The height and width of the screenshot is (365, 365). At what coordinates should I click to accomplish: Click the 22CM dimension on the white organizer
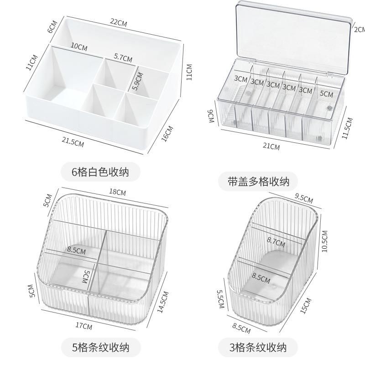pyautogui.click(x=119, y=22)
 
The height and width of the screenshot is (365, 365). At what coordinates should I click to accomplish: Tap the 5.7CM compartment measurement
pyautogui.click(x=123, y=58)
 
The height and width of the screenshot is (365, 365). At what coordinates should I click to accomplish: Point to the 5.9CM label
pyautogui.click(x=137, y=81)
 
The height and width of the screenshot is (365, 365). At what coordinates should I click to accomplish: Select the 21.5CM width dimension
pyautogui.click(x=73, y=142)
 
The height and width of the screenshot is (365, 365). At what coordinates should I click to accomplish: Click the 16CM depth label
pyautogui.click(x=167, y=133)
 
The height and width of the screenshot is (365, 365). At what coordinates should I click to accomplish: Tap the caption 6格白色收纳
pyautogui.click(x=100, y=172)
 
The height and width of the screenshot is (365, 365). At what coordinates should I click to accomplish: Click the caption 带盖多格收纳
pyautogui.click(x=258, y=182)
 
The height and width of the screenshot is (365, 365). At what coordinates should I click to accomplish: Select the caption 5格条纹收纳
pyautogui.click(x=100, y=348)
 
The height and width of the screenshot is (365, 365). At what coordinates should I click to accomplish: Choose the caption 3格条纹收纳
pyautogui.click(x=258, y=348)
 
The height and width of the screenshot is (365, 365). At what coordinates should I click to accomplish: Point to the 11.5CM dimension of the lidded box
pyautogui.click(x=347, y=128)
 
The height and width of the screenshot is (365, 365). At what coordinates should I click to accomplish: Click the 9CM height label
pyautogui.click(x=210, y=116)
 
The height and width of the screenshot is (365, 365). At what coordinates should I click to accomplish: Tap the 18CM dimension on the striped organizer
pyautogui.click(x=118, y=192)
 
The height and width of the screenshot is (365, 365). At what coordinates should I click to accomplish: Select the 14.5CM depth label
pyautogui.click(x=162, y=302)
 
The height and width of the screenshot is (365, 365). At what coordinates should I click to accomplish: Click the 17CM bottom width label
pyautogui.click(x=83, y=326)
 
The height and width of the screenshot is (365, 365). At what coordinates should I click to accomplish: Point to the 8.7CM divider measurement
pyautogui.click(x=276, y=242)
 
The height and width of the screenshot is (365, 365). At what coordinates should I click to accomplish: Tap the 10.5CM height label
pyautogui.click(x=324, y=241)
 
